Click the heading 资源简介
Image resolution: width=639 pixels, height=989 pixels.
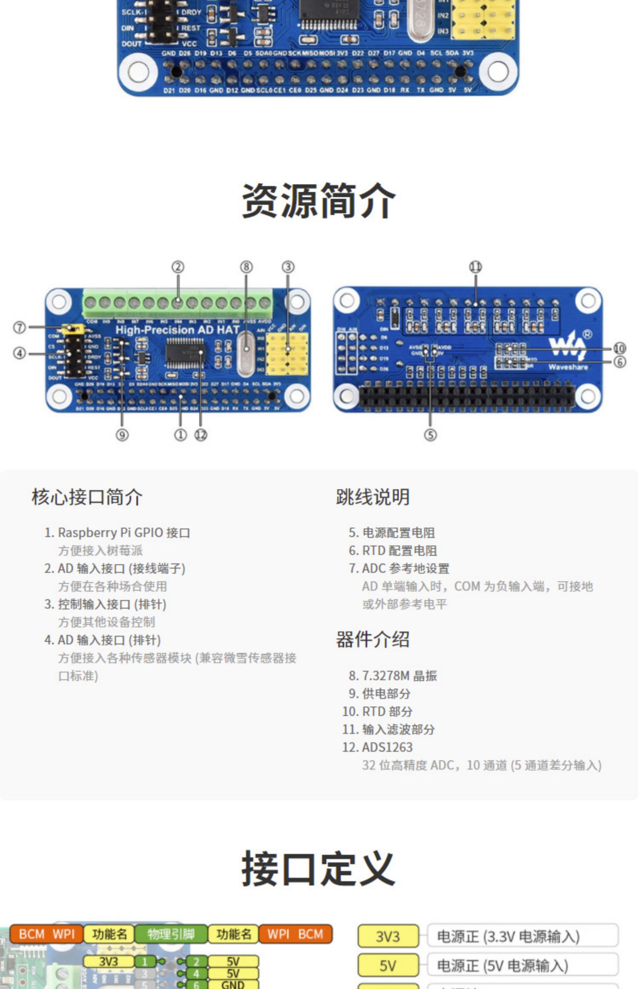[x=319, y=201]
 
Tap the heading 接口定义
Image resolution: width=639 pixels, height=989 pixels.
[x=318, y=868]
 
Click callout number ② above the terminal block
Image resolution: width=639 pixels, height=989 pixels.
[x=178, y=267]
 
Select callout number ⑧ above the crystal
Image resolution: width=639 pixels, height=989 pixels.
[x=246, y=267]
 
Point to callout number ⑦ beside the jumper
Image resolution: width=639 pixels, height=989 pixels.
[x=20, y=328]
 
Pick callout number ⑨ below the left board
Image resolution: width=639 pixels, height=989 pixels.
[x=122, y=435]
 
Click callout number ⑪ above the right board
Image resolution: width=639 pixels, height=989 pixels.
[x=475, y=267]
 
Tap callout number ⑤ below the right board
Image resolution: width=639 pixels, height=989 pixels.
[x=430, y=435]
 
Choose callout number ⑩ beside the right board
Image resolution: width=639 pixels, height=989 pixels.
[x=619, y=348]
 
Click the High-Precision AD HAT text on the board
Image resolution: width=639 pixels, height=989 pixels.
[x=177, y=330]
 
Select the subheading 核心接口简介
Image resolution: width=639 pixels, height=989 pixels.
[x=87, y=497]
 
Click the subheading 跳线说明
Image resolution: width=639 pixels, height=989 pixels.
[x=373, y=497]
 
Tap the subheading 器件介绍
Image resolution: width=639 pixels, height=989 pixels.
[x=373, y=639]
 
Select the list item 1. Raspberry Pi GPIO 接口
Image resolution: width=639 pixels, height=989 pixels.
[x=117, y=532]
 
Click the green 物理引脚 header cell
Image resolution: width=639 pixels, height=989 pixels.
[x=171, y=934]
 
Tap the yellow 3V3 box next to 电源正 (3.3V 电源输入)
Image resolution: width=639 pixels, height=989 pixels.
[x=388, y=937]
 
